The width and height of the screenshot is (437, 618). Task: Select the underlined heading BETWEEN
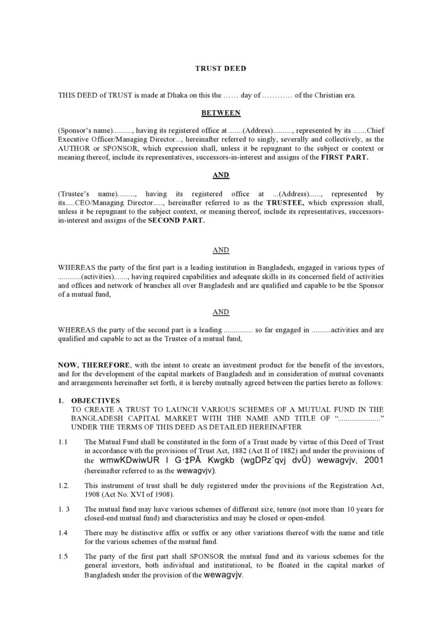pyautogui.click(x=220, y=113)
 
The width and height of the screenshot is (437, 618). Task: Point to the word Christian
pyautogui.click(x=326, y=95)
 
